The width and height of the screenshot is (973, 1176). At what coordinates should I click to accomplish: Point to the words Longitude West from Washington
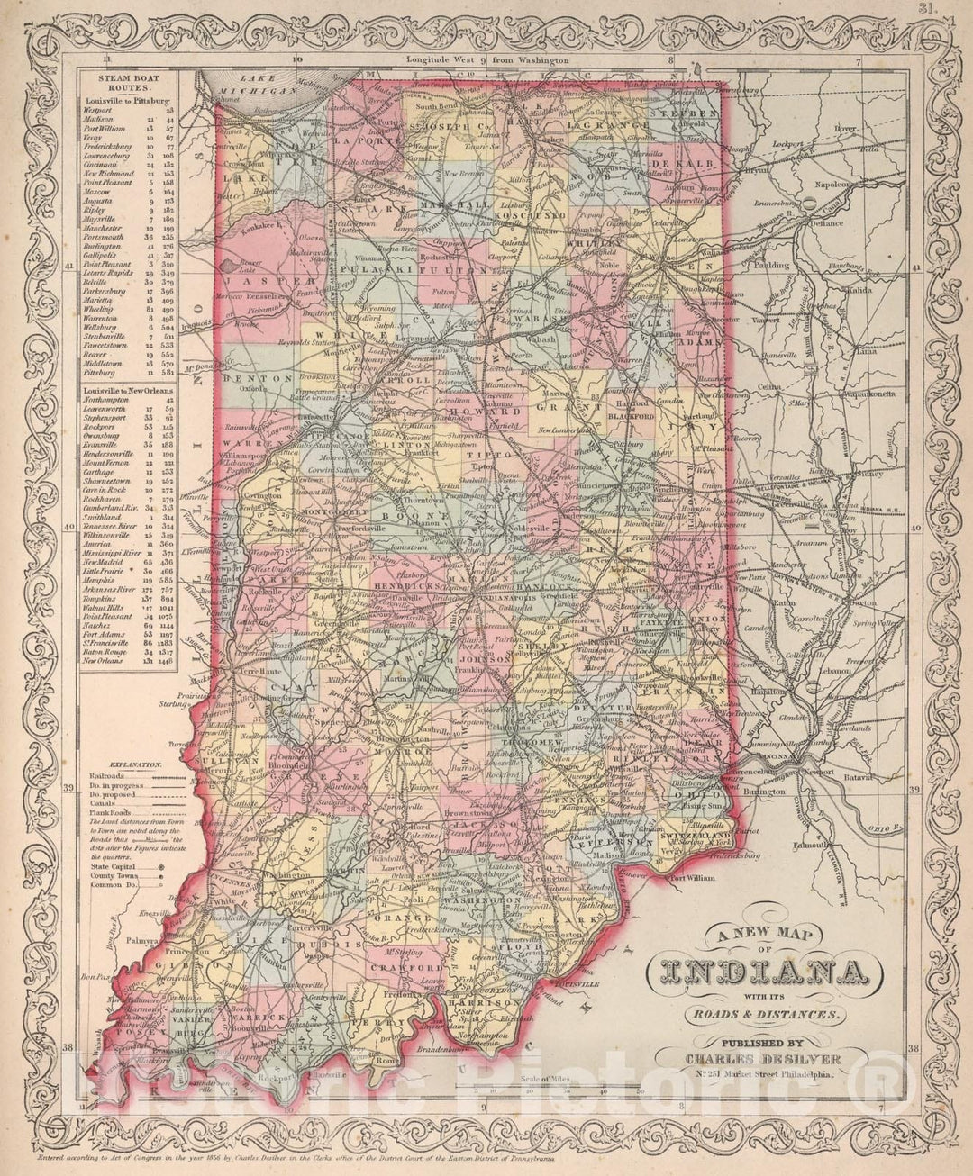[x=487, y=59]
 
